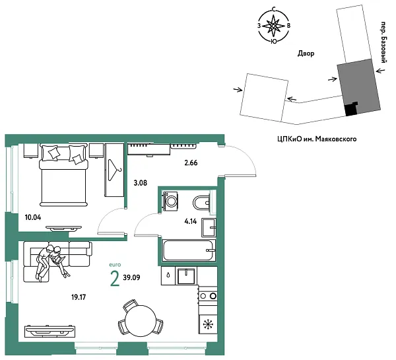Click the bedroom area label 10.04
33,217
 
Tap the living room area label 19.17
79,297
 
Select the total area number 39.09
131,277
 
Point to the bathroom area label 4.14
191,222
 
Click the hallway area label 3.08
140,183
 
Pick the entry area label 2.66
191,162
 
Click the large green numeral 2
115,278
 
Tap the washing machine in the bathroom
171,201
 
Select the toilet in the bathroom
201,203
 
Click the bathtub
188,250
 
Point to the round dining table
141,321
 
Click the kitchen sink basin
186,276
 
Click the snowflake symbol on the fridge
208,324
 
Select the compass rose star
273,26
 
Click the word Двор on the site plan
306,54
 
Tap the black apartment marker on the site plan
351,109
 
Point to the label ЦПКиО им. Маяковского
317,139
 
